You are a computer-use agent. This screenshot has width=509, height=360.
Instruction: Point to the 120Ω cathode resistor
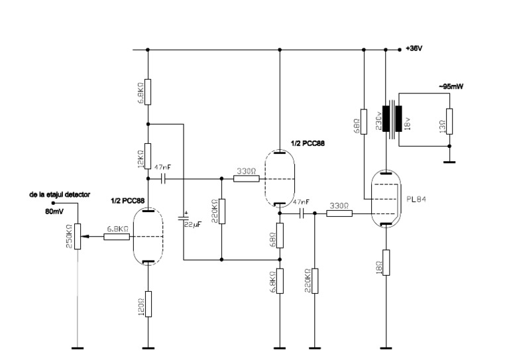(x=147, y=303)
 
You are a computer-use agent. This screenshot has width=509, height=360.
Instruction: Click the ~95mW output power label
(x=433, y=86)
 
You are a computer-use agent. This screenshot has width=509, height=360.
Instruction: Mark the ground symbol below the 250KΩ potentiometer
(x=78, y=347)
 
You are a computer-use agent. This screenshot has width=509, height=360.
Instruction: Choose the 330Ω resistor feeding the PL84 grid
(x=339, y=213)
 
